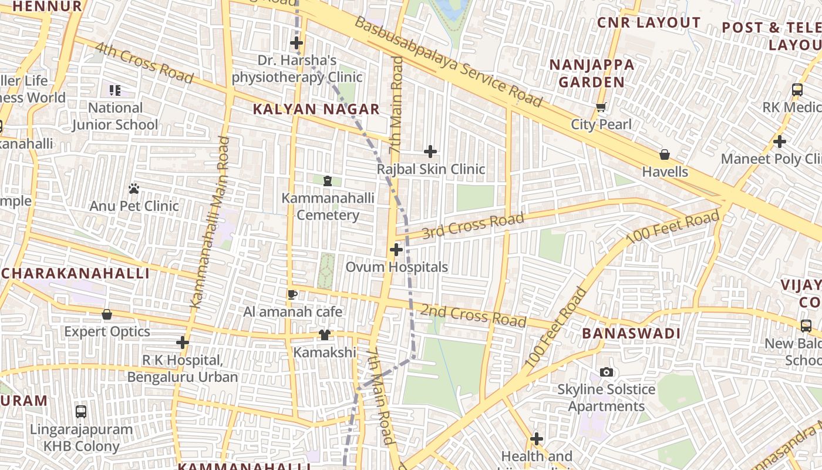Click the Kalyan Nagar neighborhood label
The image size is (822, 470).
(x=316, y=109)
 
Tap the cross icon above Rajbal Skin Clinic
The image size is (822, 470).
(x=430, y=152)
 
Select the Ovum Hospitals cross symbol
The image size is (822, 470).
(x=396, y=250)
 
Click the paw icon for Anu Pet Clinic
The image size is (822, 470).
(x=134, y=189)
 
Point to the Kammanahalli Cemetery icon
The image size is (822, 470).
(x=328, y=181)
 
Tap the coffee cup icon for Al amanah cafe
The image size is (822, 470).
(x=292, y=294)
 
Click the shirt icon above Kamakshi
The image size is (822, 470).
(x=325, y=335)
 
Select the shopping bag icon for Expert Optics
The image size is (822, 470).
(x=107, y=314)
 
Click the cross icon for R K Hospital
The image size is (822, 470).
(x=183, y=343)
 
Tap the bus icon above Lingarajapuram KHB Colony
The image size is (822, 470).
(x=81, y=412)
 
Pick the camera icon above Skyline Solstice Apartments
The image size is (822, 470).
(x=607, y=372)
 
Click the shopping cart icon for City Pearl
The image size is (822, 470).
(x=601, y=108)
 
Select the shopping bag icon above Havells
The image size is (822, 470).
(x=665, y=155)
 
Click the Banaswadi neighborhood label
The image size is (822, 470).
(x=631, y=334)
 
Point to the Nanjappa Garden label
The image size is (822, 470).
(x=592, y=73)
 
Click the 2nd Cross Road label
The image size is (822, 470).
(x=473, y=315)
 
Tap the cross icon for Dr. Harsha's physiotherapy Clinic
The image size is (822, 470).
(x=297, y=43)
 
